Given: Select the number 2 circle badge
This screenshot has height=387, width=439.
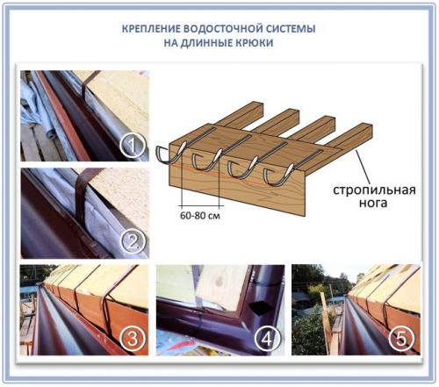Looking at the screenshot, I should (x=133, y=240).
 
